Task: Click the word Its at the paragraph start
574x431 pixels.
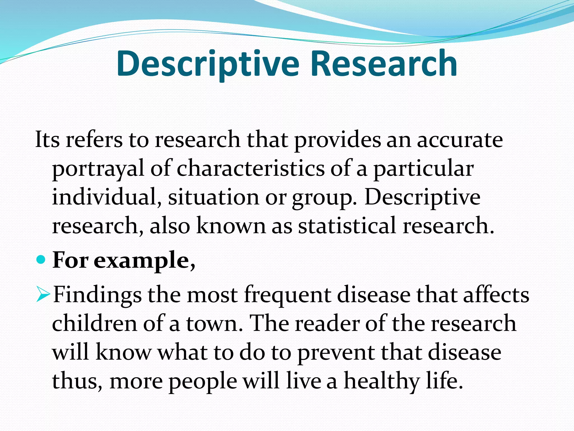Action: tap(47, 139)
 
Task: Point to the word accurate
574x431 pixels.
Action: tap(460, 139)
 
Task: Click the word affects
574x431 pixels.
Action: tap(496, 295)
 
